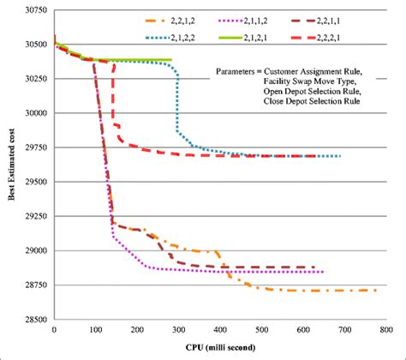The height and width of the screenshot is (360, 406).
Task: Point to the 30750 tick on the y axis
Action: pos(34,9)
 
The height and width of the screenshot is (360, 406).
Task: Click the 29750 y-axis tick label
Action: pos(34,147)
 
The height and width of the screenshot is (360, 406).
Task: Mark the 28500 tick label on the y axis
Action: pos(34,320)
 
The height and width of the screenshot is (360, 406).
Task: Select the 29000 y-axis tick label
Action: pos(34,251)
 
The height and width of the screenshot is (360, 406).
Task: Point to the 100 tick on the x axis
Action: pos(96,329)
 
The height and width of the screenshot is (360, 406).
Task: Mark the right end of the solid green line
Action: pos(171,60)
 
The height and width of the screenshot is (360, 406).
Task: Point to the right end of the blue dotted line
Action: pos(340,156)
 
